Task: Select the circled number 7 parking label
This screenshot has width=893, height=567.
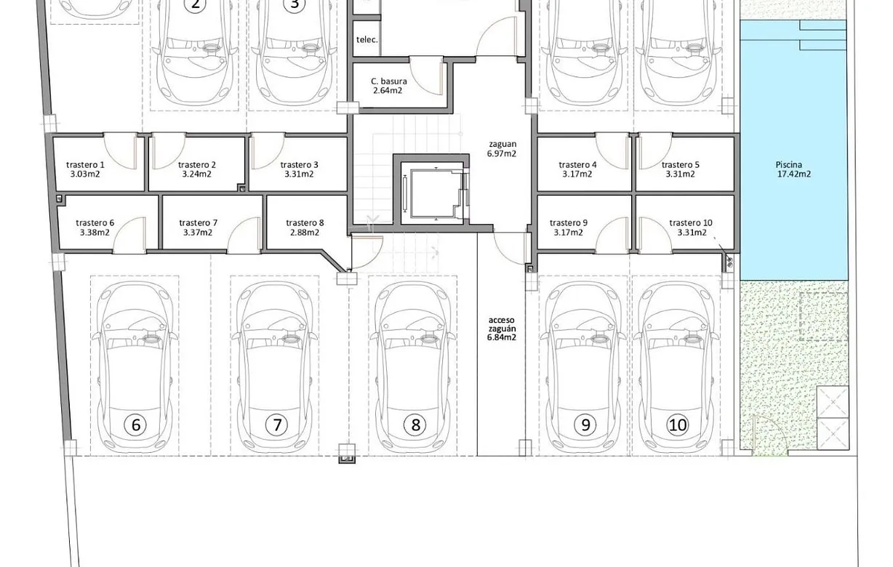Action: tap(276, 425)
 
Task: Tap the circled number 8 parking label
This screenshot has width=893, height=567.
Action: tap(416, 425)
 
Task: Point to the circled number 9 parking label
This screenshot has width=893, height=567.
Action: tap(585, 425)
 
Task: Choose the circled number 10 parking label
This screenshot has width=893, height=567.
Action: tap(677, 425)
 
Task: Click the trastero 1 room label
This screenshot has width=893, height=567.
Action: tap(85, 169)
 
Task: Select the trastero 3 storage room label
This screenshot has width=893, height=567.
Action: tap(299, 169)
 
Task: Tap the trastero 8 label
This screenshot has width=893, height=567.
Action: tap(305, 228)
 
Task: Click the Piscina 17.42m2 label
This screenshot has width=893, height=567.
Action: tap(793, 169)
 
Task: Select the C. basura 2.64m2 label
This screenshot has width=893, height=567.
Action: tap(388, 86)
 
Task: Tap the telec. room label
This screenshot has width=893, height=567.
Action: tap(367, 40)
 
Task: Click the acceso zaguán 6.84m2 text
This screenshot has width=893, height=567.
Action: tap(502, 329)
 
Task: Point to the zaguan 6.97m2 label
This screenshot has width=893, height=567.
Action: tap(502, 149)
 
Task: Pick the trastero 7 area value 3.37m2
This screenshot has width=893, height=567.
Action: tap(198, 233)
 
